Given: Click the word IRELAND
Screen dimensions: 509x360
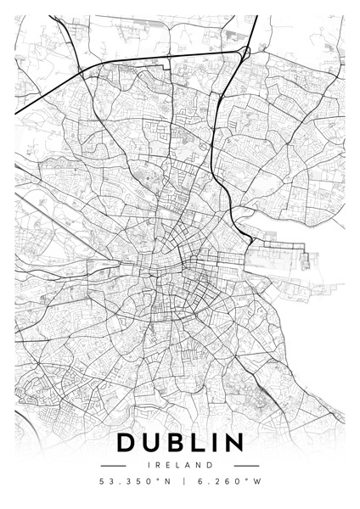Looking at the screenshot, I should [x=180, y=466].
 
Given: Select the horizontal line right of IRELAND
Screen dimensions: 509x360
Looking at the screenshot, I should [x=246, y=466].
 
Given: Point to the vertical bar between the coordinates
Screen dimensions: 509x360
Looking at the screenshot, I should [x=180, y=483].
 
